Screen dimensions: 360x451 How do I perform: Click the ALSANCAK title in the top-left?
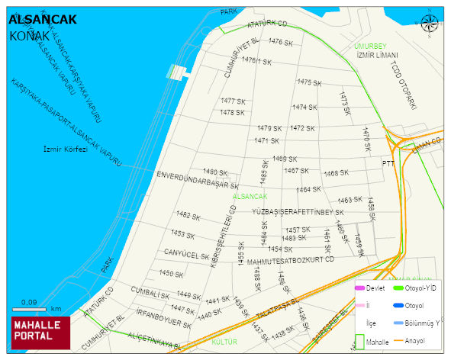42,20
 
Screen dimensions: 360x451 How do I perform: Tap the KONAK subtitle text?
30,36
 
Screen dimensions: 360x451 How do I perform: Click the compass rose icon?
430,23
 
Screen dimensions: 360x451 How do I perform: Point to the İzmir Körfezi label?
66,149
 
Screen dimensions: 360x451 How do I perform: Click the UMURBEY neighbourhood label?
371,47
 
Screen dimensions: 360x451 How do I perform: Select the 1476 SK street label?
281,43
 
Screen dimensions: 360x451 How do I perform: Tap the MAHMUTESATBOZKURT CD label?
291,259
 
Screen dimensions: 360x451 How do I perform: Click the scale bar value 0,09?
29,303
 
